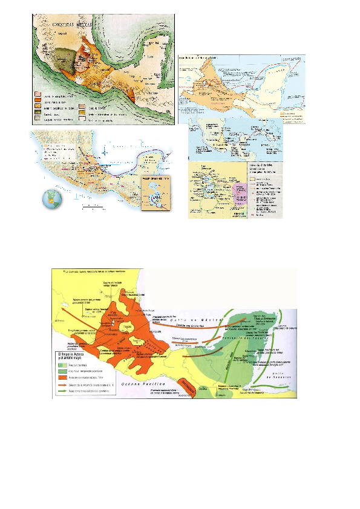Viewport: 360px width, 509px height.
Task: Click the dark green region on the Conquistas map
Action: tap(62, 60)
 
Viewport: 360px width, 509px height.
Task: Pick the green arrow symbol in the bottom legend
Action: tap(61, 386)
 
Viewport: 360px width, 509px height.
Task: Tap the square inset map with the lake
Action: tap(155, 193)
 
